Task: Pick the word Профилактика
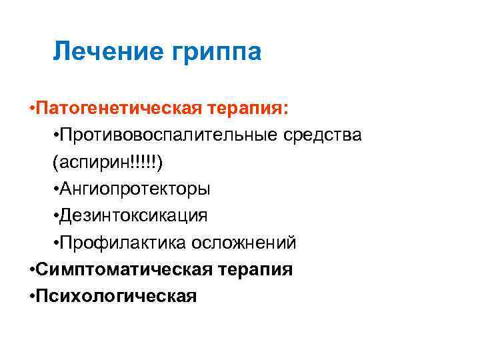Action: coord(125,243)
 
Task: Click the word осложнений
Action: coord(245,243)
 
